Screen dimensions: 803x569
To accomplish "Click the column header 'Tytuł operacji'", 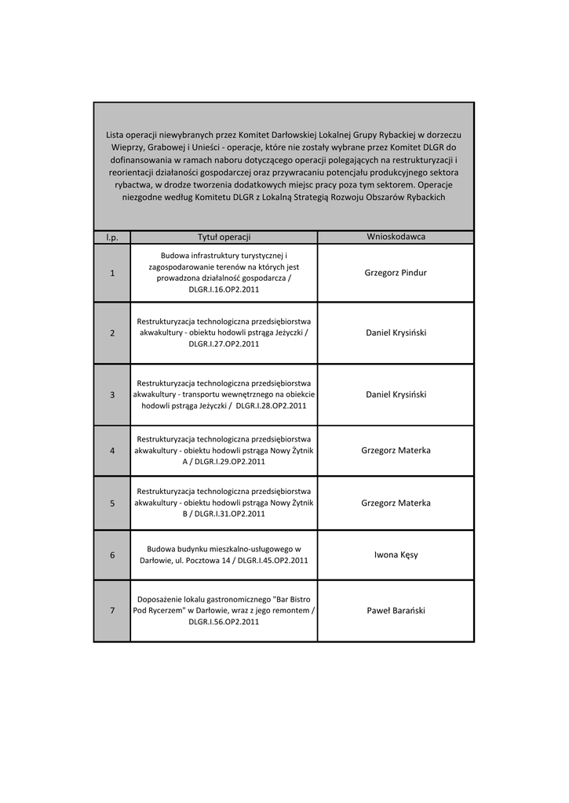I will click(x=224, y=237).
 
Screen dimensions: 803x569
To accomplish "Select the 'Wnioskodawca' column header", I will click(x=396, y=237).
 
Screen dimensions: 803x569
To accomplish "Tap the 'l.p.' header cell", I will click(x=111, y=237).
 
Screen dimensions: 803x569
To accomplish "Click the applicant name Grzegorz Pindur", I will click(x=396, y=273).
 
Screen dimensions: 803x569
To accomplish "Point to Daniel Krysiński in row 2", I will click(x=396, y=332).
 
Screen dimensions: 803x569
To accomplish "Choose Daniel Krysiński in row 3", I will click(x=396, y=394).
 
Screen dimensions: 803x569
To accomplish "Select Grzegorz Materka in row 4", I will click(x=396, y=451).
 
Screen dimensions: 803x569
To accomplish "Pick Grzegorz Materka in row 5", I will click(x=396, y=503).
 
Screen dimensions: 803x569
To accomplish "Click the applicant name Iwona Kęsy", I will click(x=396, y=555).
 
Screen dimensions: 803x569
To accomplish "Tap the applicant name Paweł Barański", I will click(x=396, y=611).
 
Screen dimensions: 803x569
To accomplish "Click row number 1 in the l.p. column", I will click(x=112, y=273).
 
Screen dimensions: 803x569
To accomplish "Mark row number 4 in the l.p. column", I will click(x=112, y=451).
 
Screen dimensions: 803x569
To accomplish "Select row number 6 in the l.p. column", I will click(x=112, y=555).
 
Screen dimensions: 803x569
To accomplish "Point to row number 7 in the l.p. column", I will click(x=112, y=611).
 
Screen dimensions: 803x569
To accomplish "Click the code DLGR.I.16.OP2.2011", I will click(x=224, y=289).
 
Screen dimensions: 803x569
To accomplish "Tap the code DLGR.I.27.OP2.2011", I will click(x=224, y=343).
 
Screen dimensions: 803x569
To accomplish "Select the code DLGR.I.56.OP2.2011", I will click(x=224, y=622).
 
